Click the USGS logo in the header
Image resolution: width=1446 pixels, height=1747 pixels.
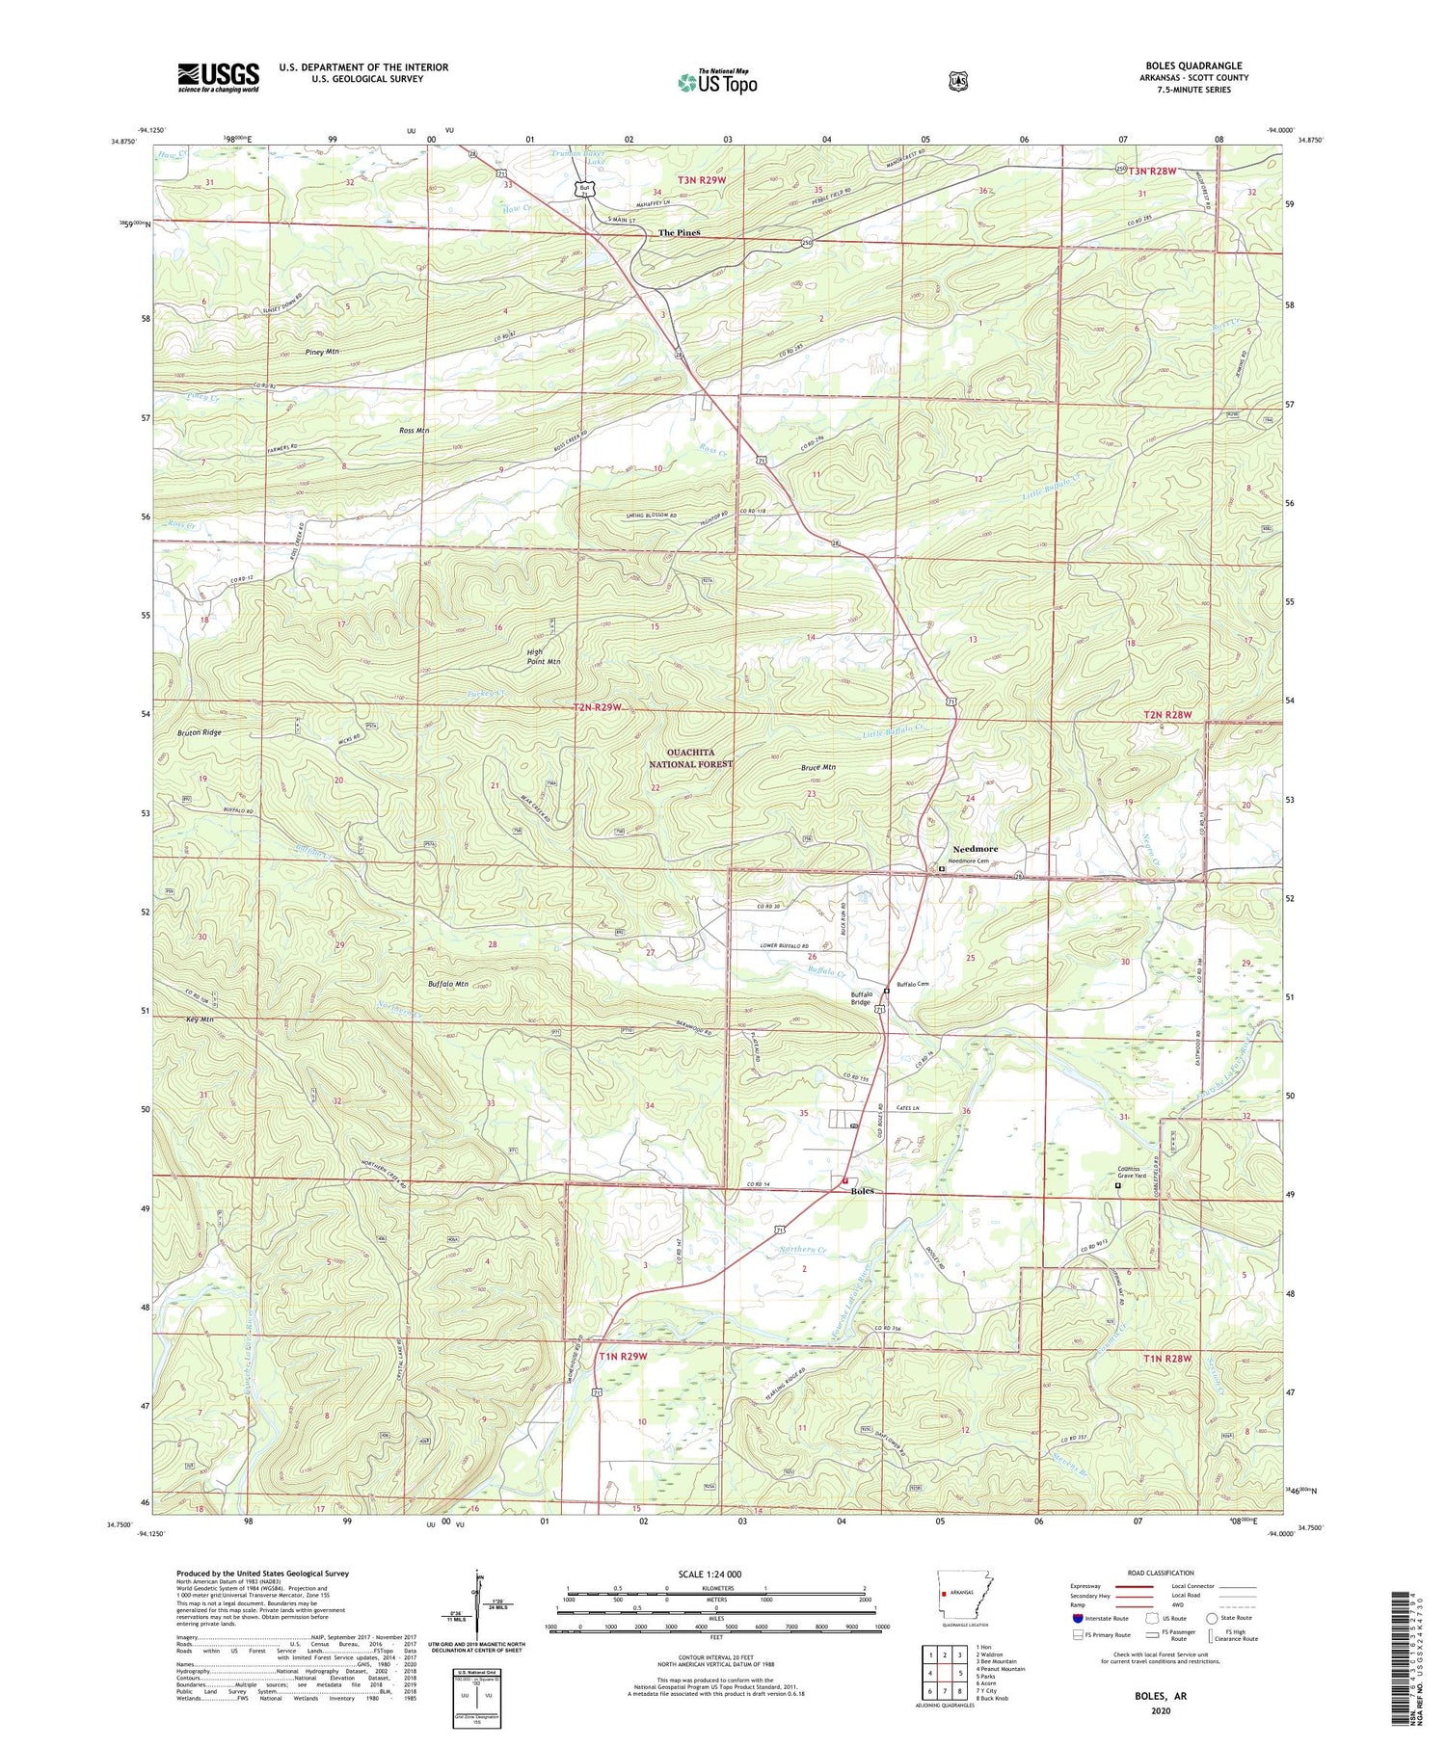(x=218, y=77)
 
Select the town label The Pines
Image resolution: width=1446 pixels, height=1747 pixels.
(x=679, y=233)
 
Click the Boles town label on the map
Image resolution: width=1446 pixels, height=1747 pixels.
(x=863, y=1192)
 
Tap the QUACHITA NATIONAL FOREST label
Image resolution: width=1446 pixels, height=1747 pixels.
(x=690, y=758)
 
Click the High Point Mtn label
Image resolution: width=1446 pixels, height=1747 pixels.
(x=544, y=657)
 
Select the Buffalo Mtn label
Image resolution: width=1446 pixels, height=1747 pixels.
(x=447, y=984)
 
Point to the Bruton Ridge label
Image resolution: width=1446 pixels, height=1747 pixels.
(x=200, y=732)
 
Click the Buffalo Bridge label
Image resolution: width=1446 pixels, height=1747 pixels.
(x=861, y=998)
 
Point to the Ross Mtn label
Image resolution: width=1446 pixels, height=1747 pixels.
(x=414, y=430)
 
